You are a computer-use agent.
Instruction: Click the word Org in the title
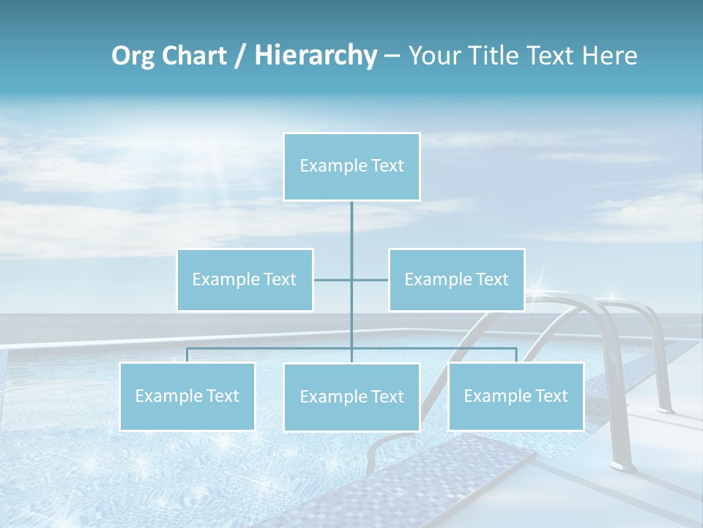[x=133, y=56]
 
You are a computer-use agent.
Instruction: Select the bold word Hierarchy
[x=315, y=56]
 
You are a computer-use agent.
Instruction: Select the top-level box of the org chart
[x=351, y=166]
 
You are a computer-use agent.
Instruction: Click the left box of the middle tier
[x=245, y=279]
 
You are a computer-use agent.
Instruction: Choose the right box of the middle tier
[x=456, y=279]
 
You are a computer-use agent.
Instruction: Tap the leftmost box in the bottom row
[x=187, y=396]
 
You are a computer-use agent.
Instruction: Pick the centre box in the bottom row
[x=351, y=397]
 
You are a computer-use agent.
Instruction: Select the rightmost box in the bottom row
[x=516, y=396]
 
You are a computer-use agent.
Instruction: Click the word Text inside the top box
[x=387, y=166]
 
